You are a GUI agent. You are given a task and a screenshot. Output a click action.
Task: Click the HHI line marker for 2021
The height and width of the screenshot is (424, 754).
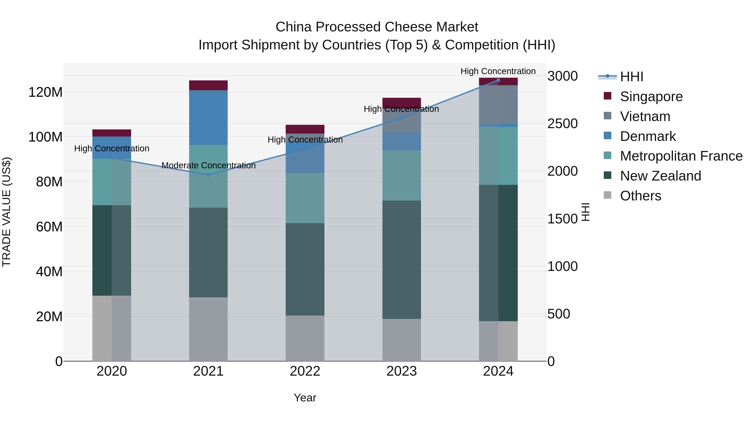[x=208, y=175]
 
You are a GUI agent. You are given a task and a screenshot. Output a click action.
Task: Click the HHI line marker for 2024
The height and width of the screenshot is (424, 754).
[x=498, y=80]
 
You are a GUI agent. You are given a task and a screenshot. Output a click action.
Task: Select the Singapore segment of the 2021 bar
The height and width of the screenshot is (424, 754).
[x=208, y=85]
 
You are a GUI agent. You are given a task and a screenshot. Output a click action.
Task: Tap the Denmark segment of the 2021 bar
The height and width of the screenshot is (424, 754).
[x=208, y=118]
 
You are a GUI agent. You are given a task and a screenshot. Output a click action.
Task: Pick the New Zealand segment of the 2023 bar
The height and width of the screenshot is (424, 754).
[x=402, y=260]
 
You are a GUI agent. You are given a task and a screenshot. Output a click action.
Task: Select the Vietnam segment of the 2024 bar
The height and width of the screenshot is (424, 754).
[x=498, y=104]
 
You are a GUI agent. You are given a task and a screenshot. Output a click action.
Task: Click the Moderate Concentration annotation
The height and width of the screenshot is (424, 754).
[x=208, y=166]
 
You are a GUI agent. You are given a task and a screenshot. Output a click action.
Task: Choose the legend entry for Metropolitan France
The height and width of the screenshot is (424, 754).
[x=681, y=156]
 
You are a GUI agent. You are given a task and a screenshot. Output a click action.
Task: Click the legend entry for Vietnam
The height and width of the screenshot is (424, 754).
[x=645, y=116]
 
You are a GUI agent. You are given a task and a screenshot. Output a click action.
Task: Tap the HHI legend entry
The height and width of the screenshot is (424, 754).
[x=631, y=77]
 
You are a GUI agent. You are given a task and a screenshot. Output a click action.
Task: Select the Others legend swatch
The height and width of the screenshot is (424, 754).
[x=607, y=195]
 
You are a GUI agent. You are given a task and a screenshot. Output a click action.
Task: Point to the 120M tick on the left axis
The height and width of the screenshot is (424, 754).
[x=45, y=92]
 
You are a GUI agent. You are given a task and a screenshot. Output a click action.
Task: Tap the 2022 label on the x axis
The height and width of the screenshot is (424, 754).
[x=305, y=371]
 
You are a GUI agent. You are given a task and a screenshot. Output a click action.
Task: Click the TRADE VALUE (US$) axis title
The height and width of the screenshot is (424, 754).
[x=6, y=212]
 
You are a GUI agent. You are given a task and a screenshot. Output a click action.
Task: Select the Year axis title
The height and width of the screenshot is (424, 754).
[x=305, y=398]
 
